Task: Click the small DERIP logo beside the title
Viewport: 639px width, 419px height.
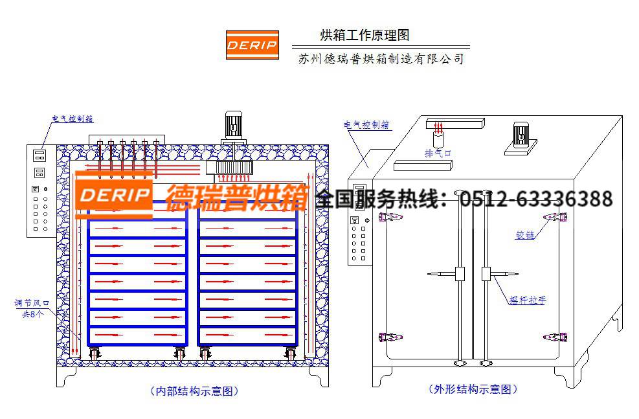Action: pos(252,45)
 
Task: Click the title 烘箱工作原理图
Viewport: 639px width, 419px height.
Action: pos(364,36)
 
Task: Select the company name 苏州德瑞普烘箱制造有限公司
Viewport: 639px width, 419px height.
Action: pos(381,59)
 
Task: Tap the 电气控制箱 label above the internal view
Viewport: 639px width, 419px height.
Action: pos(73,119)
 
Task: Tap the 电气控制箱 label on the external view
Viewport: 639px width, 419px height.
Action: pos(367,125)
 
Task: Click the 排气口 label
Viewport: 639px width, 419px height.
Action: pos(438,153)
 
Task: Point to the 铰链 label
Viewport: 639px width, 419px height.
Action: pos(524,235)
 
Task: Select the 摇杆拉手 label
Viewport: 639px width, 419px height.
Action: pos(528,300)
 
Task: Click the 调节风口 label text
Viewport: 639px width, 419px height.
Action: pos(32,303)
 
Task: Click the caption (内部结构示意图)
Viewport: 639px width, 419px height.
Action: pos(194,391)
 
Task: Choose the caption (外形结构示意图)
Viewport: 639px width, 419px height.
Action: pos(473,389)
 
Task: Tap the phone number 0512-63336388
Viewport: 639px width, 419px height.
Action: pos(536,199)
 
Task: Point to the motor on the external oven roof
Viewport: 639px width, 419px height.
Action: pos(521,137)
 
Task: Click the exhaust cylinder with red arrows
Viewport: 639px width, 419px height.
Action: pos(438,136)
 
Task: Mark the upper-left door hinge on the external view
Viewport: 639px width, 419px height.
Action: pos(390,217)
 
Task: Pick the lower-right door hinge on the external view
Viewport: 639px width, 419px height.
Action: pos(555,337)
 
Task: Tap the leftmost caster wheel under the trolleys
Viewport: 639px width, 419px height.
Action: pos(94,353)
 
